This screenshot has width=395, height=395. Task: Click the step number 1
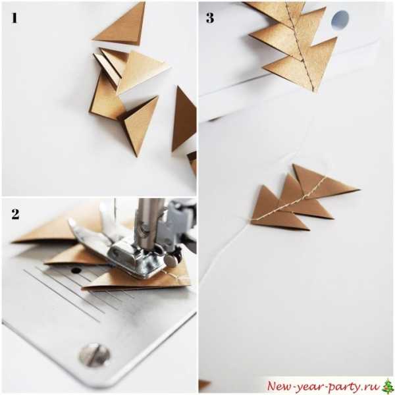(x=14, y=18)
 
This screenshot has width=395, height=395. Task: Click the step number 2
(x=15, y=214)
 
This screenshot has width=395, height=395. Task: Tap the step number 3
(x=210, y=18)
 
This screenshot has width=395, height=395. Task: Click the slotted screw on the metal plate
(x=94, y=355)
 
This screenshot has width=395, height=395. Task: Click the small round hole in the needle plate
(x=76, y=271)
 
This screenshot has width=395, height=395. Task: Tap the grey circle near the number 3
(x=340, y=19)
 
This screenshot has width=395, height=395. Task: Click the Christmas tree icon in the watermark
(x=388, y=386)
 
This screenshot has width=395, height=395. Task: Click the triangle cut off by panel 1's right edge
(x=184, y=120)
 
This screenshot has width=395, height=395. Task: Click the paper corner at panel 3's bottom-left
(x=203, y=384)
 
